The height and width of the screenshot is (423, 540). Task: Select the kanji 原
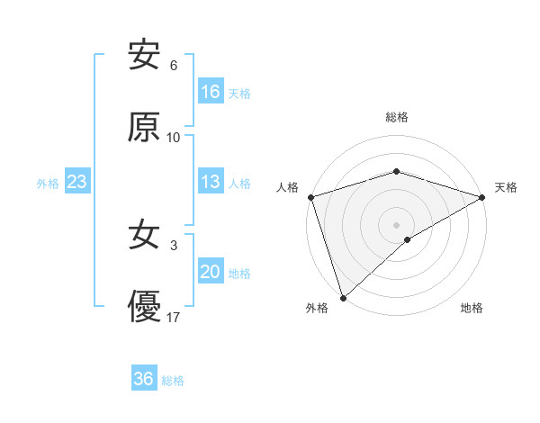tap(144, 128)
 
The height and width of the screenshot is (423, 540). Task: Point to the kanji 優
tap(144, 308)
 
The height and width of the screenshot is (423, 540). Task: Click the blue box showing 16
tap(211, 92)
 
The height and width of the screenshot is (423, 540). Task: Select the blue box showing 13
tap(211, 182)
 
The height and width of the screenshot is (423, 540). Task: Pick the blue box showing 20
tap(211, 273)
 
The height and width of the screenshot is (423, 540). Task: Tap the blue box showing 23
tap(77, 183)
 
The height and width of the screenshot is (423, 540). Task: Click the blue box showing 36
tap(144, 379)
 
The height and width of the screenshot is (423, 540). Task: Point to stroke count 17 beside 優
tap(175, 318)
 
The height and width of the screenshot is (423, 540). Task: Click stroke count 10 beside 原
tap(174, 138)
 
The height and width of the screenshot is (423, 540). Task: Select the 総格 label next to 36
tap(173, 381)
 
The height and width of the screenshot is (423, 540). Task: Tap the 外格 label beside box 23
tap(48, 184)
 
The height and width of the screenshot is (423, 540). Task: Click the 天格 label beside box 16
tap(239, 93)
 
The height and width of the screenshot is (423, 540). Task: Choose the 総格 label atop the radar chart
tap(397, 117)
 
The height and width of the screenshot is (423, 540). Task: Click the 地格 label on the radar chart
tap(472, 309)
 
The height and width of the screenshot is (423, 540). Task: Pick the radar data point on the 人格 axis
tap(310, 197)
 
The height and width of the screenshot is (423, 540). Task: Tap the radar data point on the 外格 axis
tap(343, 298)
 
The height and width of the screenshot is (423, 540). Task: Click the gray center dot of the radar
tap(397, 224)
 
